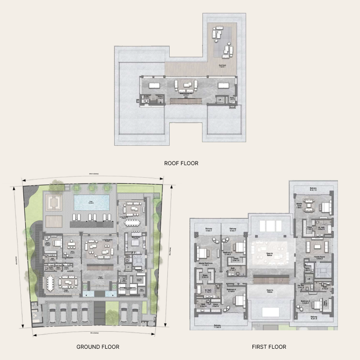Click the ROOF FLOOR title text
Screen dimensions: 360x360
click(181, 163)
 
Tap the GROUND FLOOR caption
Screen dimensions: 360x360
click(98, 347)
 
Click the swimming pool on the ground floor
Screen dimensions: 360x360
click(92, 203)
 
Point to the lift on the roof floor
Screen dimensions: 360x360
click(220, 99)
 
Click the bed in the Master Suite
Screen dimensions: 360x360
click(324, 206)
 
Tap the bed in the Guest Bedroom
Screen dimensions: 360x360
click(56, 243)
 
